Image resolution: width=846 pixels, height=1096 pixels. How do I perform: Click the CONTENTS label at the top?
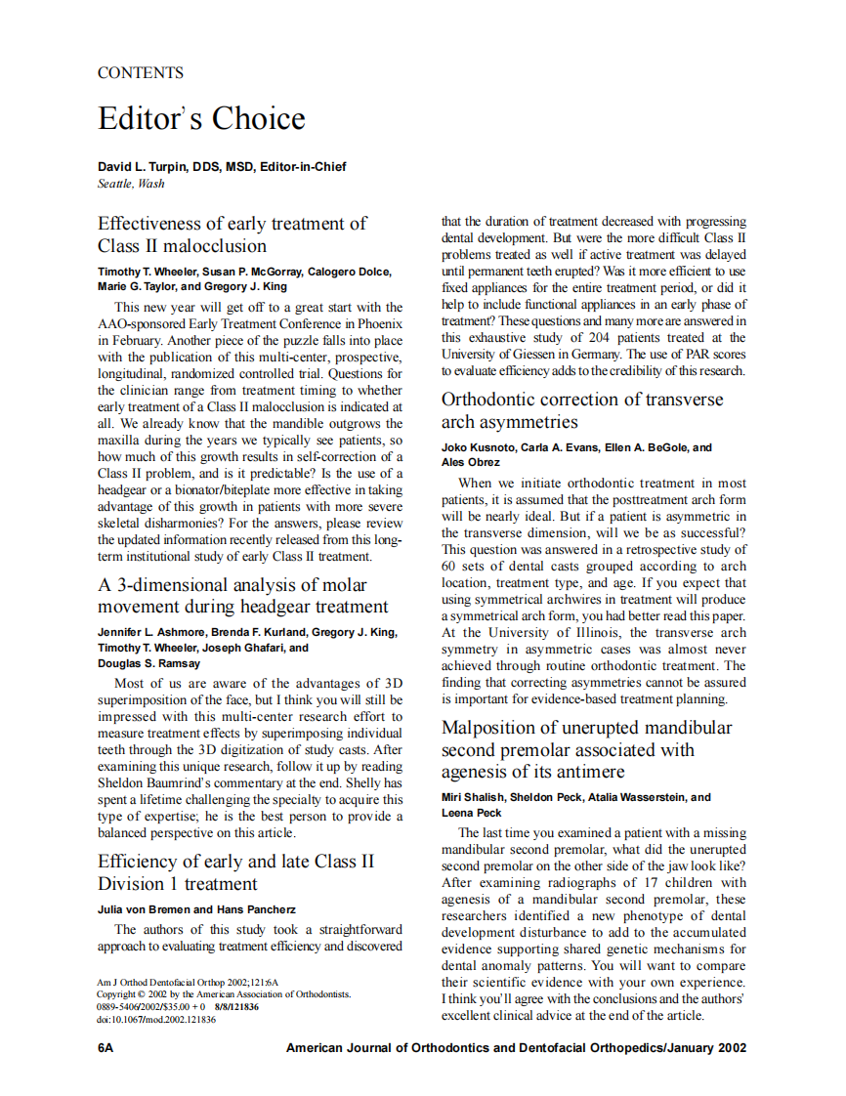point(141,72)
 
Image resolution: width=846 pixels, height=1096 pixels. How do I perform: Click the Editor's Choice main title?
point(201,119)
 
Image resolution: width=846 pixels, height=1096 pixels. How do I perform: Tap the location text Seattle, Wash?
point(131,183)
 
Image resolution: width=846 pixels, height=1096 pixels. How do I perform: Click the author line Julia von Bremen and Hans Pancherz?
point(196,909)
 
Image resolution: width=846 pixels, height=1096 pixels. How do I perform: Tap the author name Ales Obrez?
point(471,462)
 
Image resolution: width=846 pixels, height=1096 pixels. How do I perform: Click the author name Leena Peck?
point(472,813)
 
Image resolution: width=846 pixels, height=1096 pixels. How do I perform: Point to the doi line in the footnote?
point(156,1020)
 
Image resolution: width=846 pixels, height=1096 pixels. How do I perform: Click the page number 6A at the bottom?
point(106,1048)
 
